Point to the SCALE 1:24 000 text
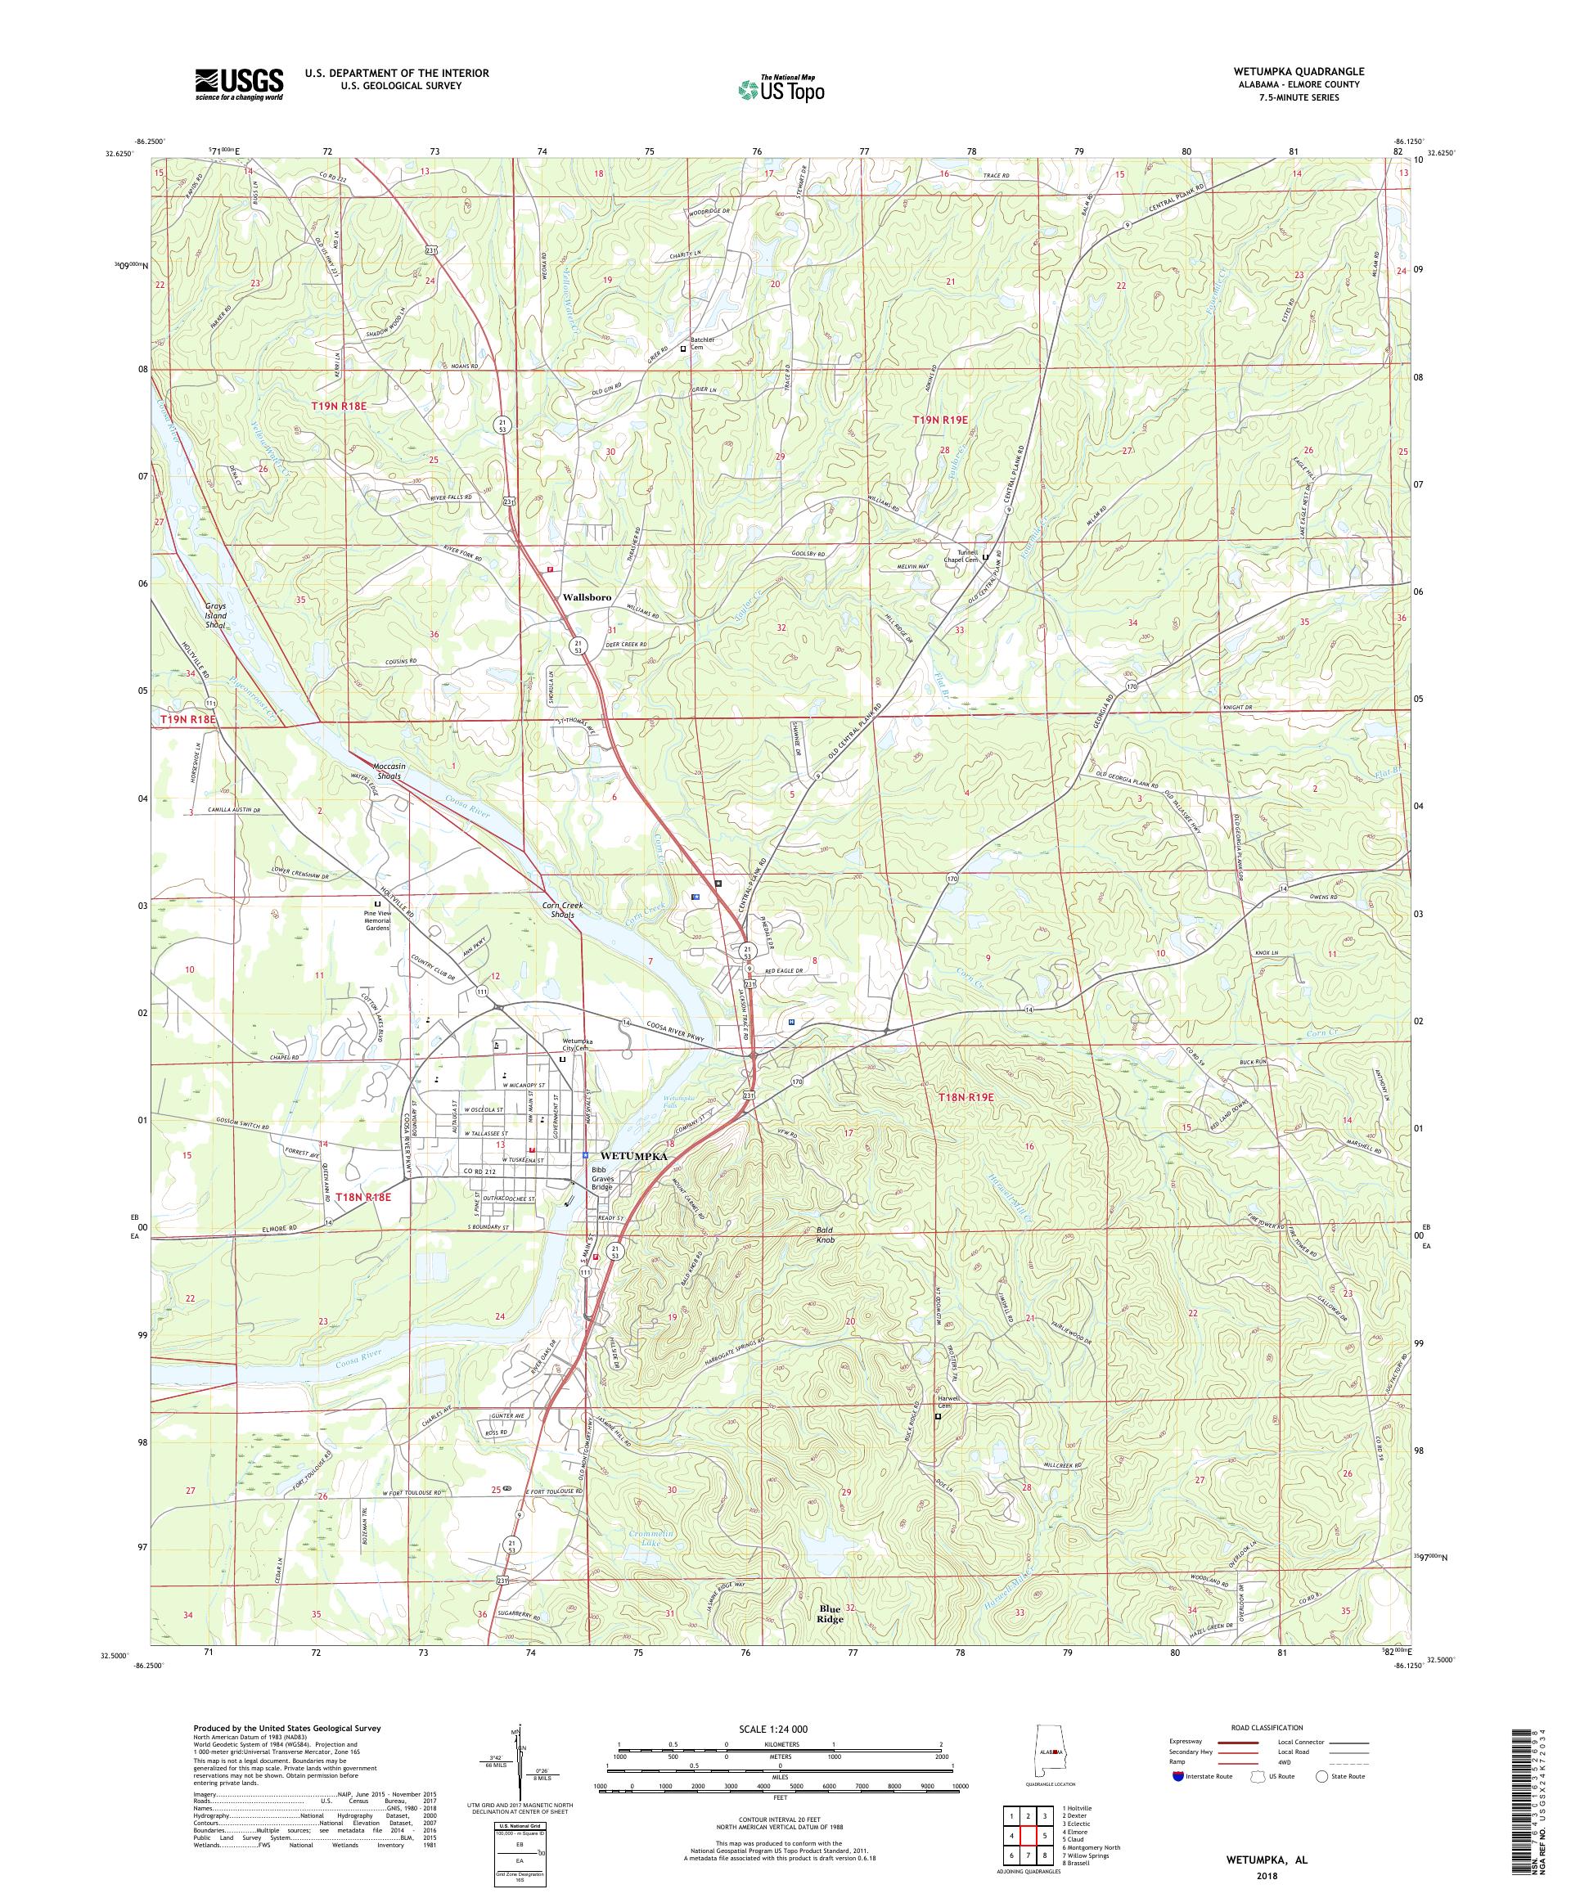tap(783, 1729)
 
